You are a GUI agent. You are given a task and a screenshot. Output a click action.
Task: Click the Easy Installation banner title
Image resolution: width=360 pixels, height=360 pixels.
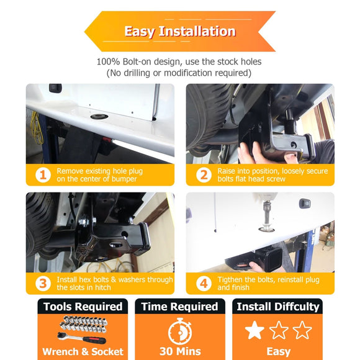(179, 31)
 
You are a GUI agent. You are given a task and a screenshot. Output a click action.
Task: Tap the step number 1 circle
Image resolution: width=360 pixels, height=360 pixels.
(42, 175)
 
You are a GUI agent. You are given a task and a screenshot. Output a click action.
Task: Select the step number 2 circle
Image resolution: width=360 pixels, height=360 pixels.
(203, 175)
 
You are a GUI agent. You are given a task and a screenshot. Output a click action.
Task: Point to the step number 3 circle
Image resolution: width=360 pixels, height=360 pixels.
(42, 283)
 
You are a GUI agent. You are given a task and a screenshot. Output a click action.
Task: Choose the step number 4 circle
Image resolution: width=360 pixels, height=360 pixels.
(203, 283)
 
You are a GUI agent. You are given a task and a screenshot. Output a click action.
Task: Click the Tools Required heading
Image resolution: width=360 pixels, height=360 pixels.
(82, 307)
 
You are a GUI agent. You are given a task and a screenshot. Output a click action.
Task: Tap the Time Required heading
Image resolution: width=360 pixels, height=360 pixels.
(179, 307)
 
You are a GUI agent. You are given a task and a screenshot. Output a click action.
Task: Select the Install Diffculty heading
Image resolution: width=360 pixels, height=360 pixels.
(277, 307)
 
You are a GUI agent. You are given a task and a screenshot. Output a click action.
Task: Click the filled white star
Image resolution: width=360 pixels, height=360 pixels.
(254, 330)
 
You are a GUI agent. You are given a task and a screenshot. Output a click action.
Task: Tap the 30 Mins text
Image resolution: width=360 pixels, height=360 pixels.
(179, 351)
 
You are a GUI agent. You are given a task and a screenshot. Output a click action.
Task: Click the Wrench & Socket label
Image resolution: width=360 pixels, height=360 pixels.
(82, 351)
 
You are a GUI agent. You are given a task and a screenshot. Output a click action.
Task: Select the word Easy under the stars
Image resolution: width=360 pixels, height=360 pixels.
(278, 351)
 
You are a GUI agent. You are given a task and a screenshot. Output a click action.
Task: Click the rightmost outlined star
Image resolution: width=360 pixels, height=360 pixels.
(302, 330)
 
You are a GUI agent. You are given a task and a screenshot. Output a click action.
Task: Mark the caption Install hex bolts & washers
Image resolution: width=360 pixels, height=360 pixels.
(115, 279)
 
